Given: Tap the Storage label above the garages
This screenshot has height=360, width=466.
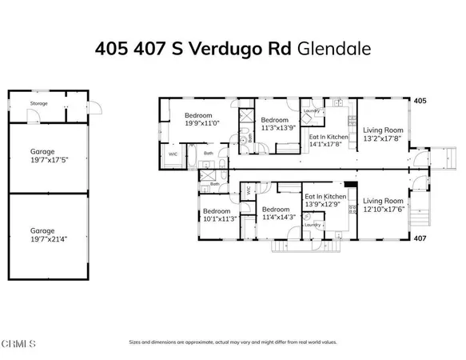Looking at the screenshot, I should click(x=38, y=103).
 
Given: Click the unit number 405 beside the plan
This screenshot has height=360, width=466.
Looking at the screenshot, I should click(x=420, y=102).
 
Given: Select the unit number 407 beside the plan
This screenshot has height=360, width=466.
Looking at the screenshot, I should click(x=420, y=238).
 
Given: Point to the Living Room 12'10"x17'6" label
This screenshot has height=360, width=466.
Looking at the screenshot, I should click(x=383, y=205).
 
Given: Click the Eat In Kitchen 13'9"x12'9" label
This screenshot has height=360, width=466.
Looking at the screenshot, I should click(x=325, y=200).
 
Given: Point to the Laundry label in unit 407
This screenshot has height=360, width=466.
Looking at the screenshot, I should click(x=313, y=225).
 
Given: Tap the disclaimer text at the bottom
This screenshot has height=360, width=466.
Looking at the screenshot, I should click(x=232, y=342).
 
